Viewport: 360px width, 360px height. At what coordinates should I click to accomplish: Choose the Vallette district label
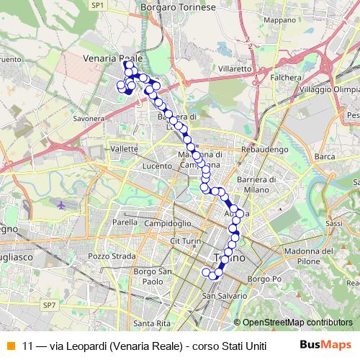click(125, 148)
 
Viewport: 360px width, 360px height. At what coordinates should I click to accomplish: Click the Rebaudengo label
click(264, 149)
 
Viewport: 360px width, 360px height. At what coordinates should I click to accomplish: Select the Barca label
click(325, 156)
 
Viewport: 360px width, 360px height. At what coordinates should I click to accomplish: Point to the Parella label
click(125, 222)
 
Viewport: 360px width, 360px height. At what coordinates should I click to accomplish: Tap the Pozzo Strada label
click(111, 256)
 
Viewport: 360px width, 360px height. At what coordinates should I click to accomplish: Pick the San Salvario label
click(220, 296)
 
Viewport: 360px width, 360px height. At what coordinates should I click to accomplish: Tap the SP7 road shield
click(49, 306)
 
